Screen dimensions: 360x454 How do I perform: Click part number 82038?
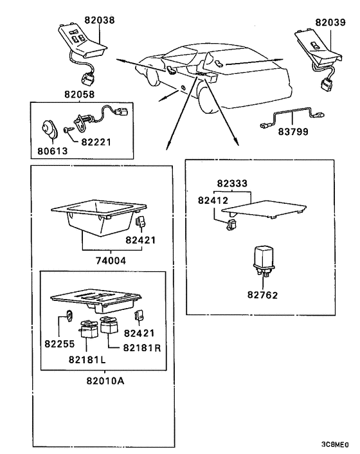(99, 20)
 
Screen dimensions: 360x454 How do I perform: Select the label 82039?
(330, 23)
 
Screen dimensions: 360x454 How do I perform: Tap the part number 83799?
(293, 132)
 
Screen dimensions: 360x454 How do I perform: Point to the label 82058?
(79, 95)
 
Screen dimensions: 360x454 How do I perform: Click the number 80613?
(52, 151)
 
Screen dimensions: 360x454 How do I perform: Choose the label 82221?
(96, 142)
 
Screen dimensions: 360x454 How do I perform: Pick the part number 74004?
(111, 261)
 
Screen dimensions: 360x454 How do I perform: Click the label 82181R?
(142, 347)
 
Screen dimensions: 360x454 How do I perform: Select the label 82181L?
(87, 359)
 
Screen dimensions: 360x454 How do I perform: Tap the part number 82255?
(60, 343)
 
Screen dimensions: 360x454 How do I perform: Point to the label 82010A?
(105, 381)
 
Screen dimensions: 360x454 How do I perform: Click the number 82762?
(262, 295)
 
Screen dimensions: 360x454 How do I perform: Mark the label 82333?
(232, 183)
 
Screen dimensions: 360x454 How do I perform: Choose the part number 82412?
(213, 201)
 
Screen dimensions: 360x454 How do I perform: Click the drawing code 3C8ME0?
(335, 444)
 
